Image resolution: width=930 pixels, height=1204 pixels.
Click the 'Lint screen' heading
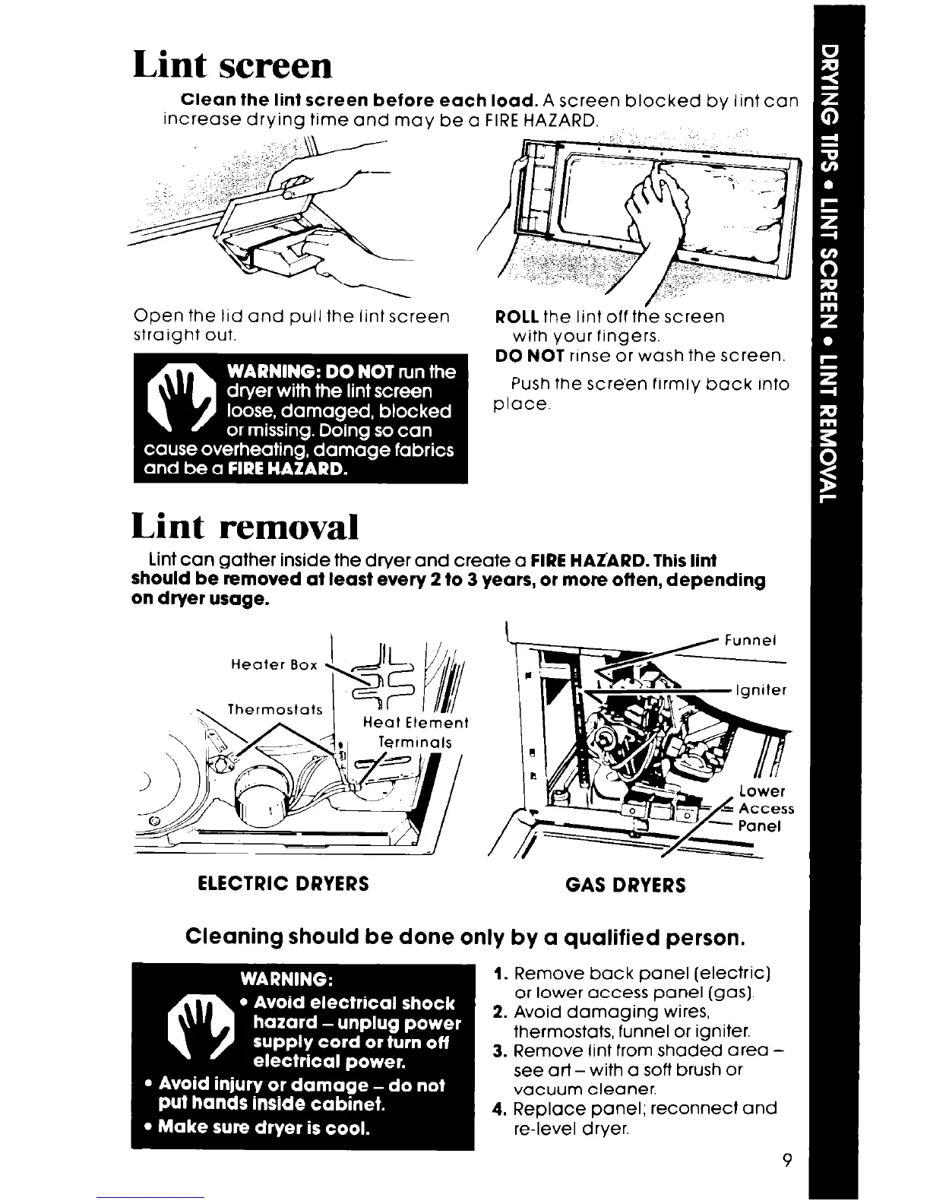(232, 66)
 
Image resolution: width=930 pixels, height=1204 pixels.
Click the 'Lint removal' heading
(245, 526)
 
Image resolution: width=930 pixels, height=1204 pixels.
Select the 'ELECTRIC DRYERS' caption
(283, 883)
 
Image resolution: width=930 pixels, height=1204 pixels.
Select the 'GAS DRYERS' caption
(625, 885)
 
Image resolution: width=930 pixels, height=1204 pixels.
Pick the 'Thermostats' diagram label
(276, 710)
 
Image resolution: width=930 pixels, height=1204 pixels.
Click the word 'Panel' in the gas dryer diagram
(760, 826)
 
